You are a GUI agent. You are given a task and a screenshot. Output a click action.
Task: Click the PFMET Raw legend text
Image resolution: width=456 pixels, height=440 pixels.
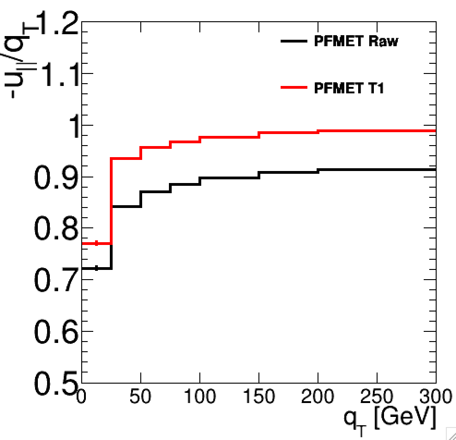click(355, 41)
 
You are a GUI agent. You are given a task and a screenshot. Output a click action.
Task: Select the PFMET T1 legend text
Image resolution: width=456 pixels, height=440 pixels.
click(348, 88)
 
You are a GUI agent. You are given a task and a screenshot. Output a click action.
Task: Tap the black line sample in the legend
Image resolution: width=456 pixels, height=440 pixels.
click(294, 41)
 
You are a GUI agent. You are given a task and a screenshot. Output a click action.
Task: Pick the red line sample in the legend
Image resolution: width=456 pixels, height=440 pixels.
click(294, 87)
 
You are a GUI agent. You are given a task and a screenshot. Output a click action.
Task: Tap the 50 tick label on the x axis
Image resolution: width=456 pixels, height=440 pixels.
click(140, 397)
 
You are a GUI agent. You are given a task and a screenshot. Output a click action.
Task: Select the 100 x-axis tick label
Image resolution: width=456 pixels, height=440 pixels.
click(199, 397)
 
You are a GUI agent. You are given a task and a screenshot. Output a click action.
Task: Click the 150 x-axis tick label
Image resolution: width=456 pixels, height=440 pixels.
click(258, 397)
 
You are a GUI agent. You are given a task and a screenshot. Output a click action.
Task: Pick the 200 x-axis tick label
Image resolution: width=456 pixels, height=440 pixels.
click(318, 397)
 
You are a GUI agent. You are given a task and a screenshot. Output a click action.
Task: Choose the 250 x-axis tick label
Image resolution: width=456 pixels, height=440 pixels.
click(377, 397)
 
